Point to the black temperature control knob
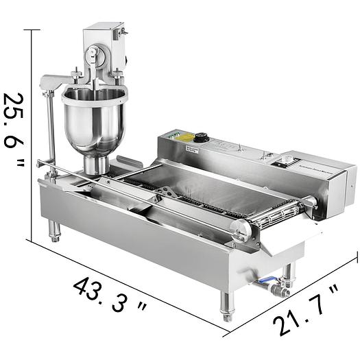pyautogui.click(x=201, y=138)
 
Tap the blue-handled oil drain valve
pyautogui.click(x=268, y=282)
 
